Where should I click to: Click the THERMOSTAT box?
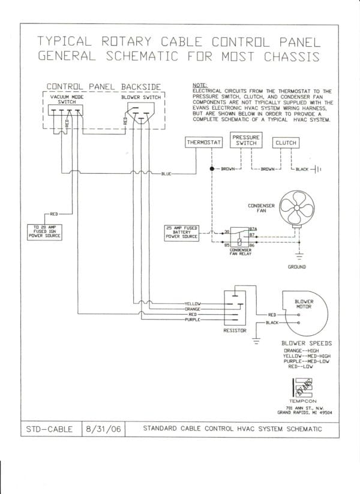204,143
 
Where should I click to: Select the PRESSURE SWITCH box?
246,140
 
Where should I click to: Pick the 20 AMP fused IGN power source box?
44,231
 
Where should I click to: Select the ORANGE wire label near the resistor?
193,309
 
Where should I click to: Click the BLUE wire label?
166,174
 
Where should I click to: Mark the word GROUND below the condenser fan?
296,267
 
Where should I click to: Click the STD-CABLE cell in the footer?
50,429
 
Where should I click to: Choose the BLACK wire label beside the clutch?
301,170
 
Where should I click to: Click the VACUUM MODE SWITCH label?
67,100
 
